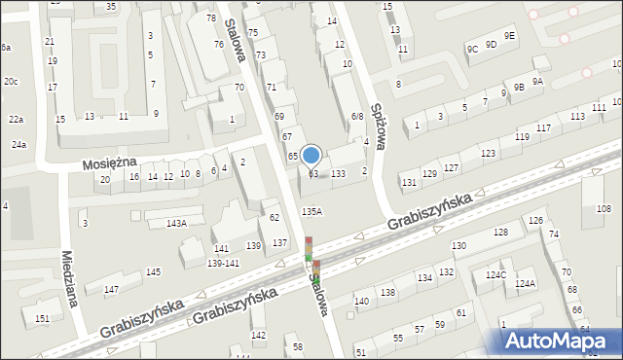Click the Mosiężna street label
point(108,162)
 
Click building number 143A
point(175,223)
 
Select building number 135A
point(311,211)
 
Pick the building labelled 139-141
point(223,263)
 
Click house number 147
point(111,290)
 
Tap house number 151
point(42,318)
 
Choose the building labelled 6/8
point(357,117)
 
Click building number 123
point(488,154)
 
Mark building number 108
point(604,209)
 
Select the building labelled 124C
point(496,275)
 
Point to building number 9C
point(472,48)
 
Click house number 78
point(211,18)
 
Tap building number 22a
point(16,119)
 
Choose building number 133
point(338,173)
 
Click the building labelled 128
point(500,232)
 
